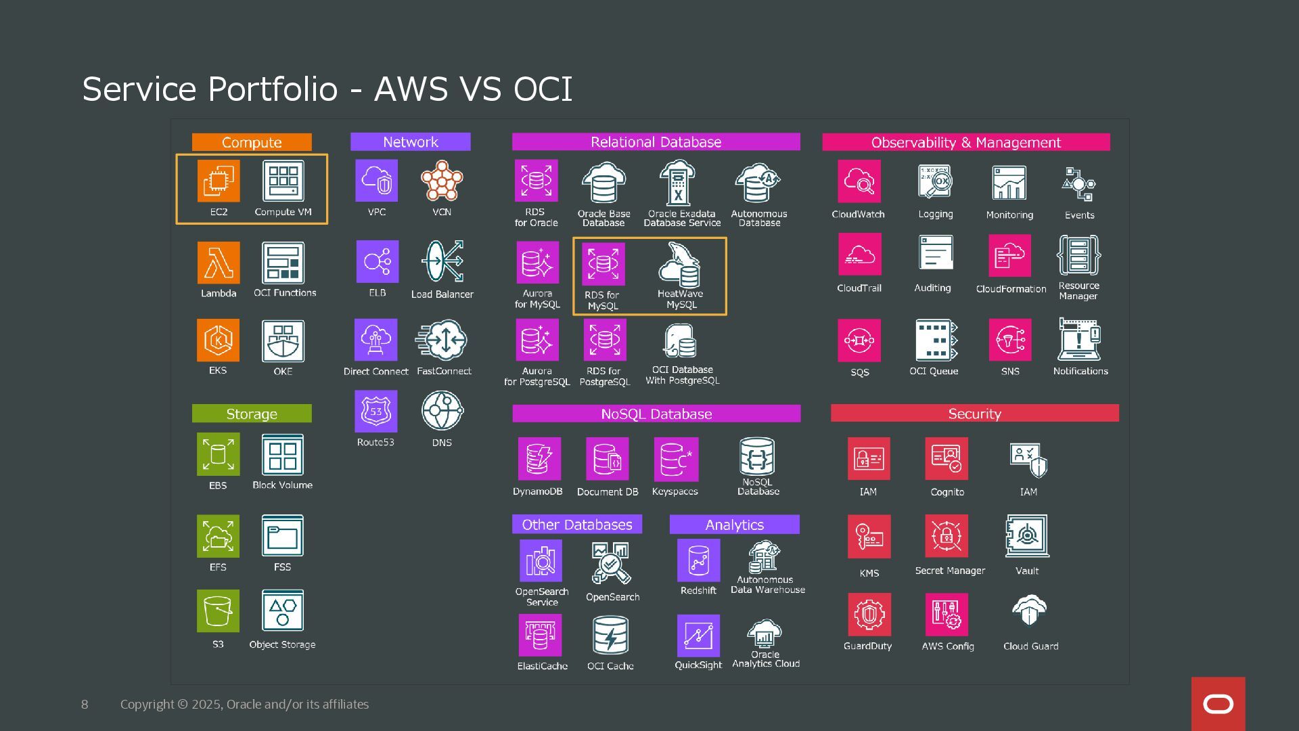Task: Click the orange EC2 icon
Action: (x=219, y=181)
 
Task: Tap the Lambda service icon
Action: (x=219, y=263)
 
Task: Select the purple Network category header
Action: (x=410, y=142)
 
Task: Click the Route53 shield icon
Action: (x=376, y=412)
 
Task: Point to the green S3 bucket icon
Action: (x=218, y=611)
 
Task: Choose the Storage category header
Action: (x=252, y=414)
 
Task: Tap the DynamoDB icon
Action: (x=539, y=459)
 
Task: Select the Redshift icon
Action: (x=698, y=560)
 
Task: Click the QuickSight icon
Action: (x=698, y=636)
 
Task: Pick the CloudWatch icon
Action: (x=859, y=181)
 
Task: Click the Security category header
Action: (x=974, y=414)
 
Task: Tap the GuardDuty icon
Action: (x=869, y=615)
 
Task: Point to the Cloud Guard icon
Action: (x=1030, y=612)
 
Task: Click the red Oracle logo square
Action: (x=1218, y=704)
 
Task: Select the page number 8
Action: (x=85, y=705)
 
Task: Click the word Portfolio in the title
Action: (x=273, y=89)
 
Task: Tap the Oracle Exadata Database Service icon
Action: (x=678, y=183)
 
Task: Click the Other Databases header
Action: (x=577, y=525)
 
